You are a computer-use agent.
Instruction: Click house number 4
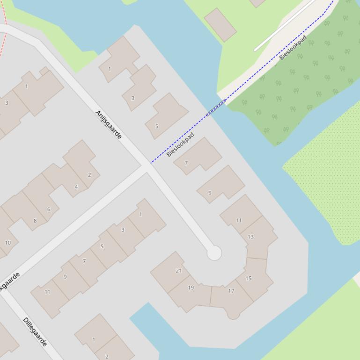point(76,187)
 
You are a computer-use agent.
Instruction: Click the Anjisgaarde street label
point(108,124)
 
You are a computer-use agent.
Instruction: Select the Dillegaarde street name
point(35,331)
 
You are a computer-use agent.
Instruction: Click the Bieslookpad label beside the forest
point(293,47)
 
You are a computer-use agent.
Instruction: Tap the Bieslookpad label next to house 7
point(180,144)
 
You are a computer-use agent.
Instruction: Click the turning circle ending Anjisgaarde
point(214,253)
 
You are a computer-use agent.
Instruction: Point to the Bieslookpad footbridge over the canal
point(216,108)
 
